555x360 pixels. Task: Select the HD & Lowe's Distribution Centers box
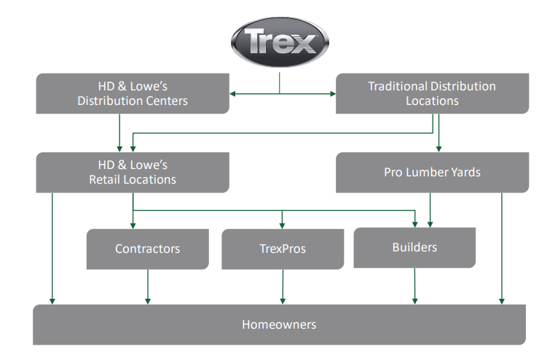[133, 93]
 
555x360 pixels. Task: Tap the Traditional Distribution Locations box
[432, 93]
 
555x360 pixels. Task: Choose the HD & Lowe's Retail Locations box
[133, 172]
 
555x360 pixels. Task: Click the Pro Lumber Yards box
[432, 173]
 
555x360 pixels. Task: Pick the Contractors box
[147, 249]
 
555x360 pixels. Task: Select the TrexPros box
[283, 249]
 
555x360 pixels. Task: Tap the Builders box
[414, 247]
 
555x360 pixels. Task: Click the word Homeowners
[279, 324]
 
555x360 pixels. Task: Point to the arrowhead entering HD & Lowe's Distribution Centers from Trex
[233, 93]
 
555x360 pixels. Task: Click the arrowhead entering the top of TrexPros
[283, 225]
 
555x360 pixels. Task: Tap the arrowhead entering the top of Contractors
[133, 225]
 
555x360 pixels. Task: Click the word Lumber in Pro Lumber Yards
[431, 173]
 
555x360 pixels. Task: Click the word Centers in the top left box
[165, 101]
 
